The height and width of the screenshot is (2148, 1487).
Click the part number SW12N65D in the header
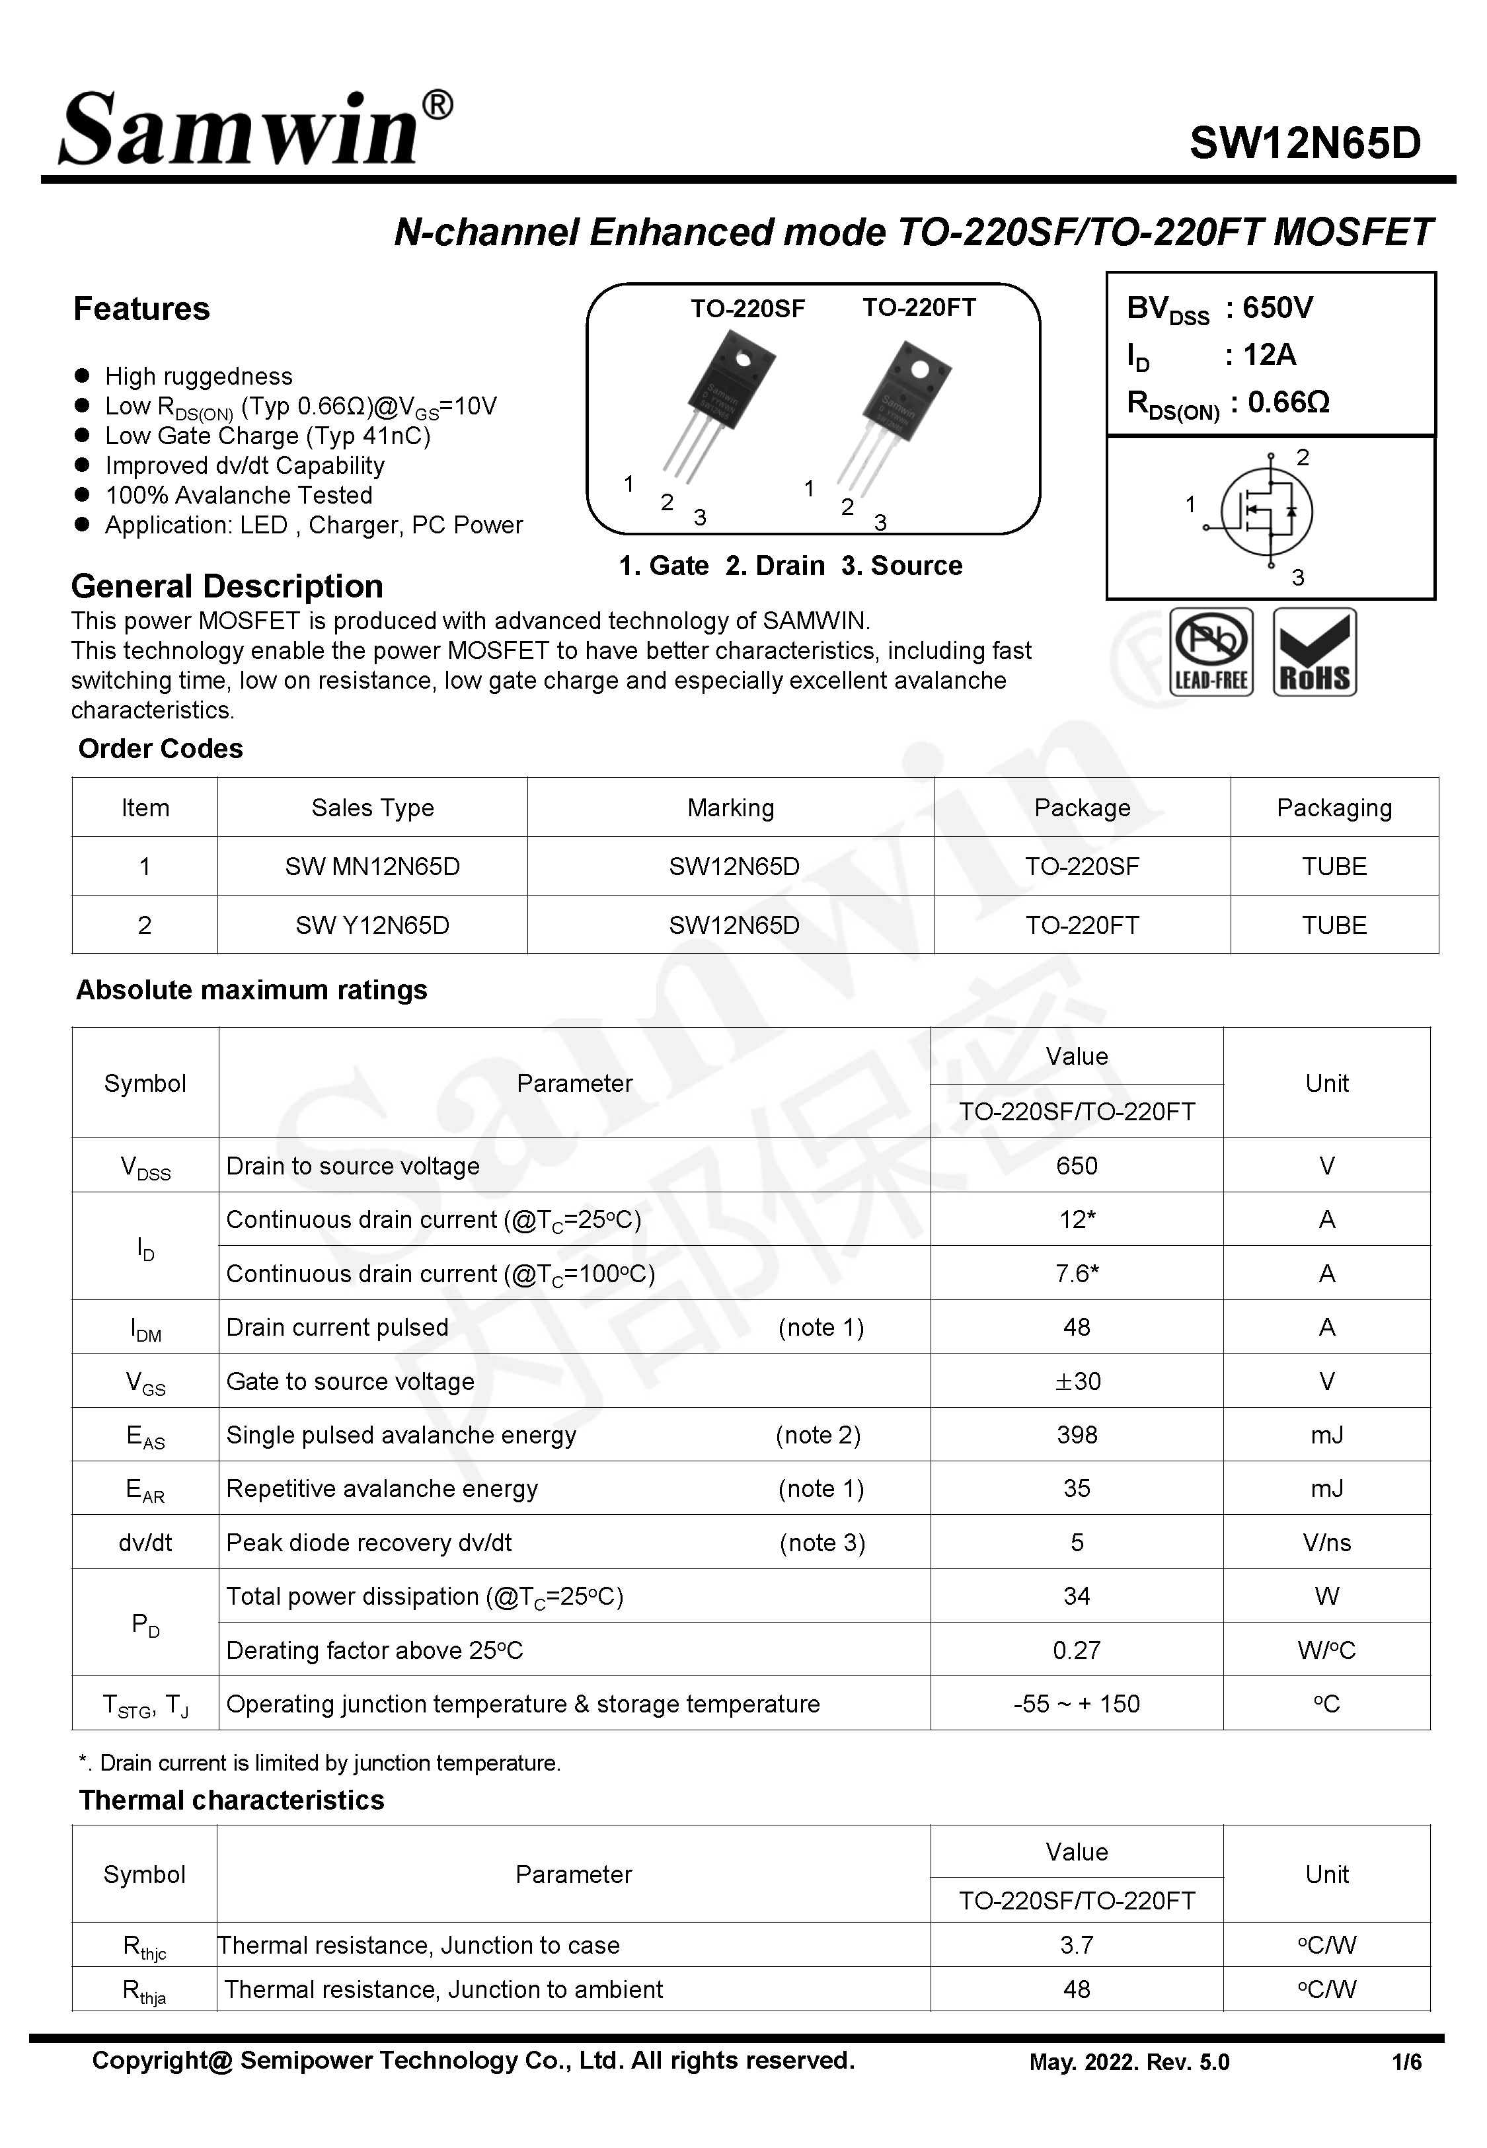tap(1305, 143)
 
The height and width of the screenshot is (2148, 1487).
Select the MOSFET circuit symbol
tap(1265, 512)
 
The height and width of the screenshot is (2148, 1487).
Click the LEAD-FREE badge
tap(1210, 652)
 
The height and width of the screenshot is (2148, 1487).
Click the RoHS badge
tap(1314, 652)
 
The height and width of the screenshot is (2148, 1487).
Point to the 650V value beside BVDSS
tap(1277, 307)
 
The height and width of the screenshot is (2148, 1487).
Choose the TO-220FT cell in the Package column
tap(1082, 925)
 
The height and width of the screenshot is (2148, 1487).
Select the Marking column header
tap(730, 808)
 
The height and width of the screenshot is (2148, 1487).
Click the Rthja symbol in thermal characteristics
tap(145, 1991)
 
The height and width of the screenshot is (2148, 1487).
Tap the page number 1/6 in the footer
tap(1406, 2062)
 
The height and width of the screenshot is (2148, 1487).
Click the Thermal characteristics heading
tap(231, 1800)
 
